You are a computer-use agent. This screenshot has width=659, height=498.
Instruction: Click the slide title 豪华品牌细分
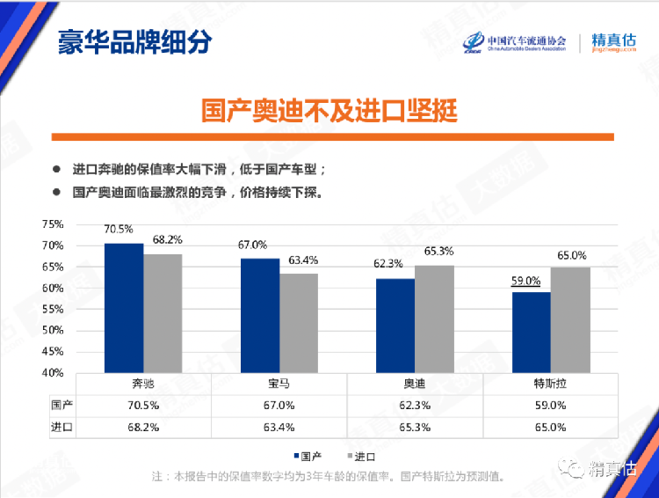[134, 41]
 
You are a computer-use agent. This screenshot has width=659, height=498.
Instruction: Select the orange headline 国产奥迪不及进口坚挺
[329, 112]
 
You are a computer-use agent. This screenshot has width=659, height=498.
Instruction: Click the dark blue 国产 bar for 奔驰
[124, 308]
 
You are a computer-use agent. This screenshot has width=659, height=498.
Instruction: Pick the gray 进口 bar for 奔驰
[163, 313]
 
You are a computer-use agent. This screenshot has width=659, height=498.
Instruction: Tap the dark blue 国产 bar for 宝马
[260, 316]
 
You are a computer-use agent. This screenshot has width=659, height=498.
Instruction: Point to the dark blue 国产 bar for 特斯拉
[531, 333]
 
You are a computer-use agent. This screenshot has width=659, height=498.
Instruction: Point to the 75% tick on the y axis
[52, 223]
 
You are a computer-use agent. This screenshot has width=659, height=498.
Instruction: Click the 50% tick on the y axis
[52, 330]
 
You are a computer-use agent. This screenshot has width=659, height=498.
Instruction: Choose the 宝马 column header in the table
[280, 385]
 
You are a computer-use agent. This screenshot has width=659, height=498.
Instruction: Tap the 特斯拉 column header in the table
[551, 385]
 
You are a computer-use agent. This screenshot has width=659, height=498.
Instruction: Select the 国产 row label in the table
[62, 406]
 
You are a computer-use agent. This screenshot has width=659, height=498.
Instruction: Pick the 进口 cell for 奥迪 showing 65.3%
[416, 427]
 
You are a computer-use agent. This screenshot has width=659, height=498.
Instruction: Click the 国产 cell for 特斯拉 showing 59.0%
[551, 406]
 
